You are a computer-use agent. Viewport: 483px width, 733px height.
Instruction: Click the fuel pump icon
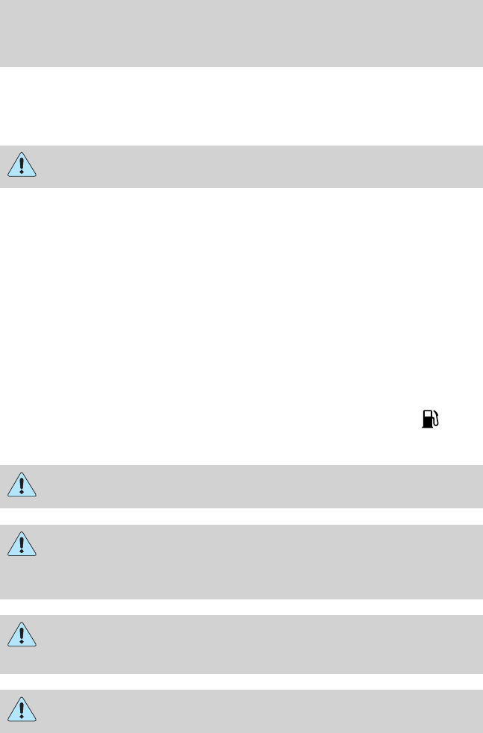tap(431, 419)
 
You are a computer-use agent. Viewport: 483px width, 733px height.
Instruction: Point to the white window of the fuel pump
tap(428, 415)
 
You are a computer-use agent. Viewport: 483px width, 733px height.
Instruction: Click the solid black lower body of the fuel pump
tap(428, 423)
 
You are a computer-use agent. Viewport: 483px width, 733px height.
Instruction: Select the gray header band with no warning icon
tap(241, 34)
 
